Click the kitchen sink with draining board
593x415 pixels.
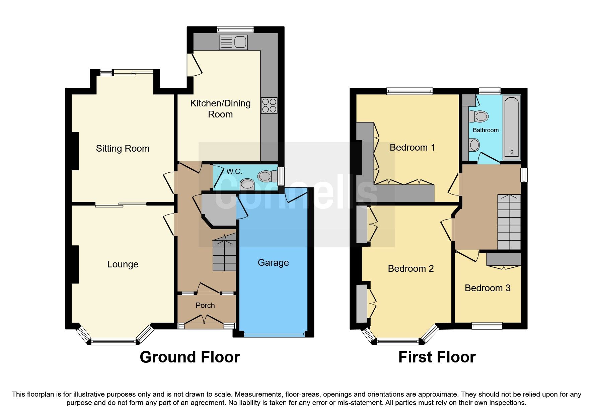click(x=233, y=42)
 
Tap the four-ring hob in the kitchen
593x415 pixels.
click(x=269, y=105)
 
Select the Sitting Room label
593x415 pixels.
click(x=123, y=149)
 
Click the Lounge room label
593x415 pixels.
click(x=123, y=264)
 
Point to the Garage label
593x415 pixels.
click(x=273, y=263)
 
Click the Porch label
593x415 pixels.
click(x=205, y=306)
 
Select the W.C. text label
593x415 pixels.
click(x=234, y=172)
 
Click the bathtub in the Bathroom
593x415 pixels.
click(x=511, y=127)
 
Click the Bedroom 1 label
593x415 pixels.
click(x=412, y=148)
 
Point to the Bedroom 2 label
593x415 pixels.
click(x=411, y=269)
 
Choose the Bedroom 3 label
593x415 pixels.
click(x=488, y=288)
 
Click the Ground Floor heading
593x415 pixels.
click(x=190, y=357)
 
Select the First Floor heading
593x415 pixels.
click(x=437, y=357)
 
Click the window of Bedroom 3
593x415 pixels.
click(x=487, y=325)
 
